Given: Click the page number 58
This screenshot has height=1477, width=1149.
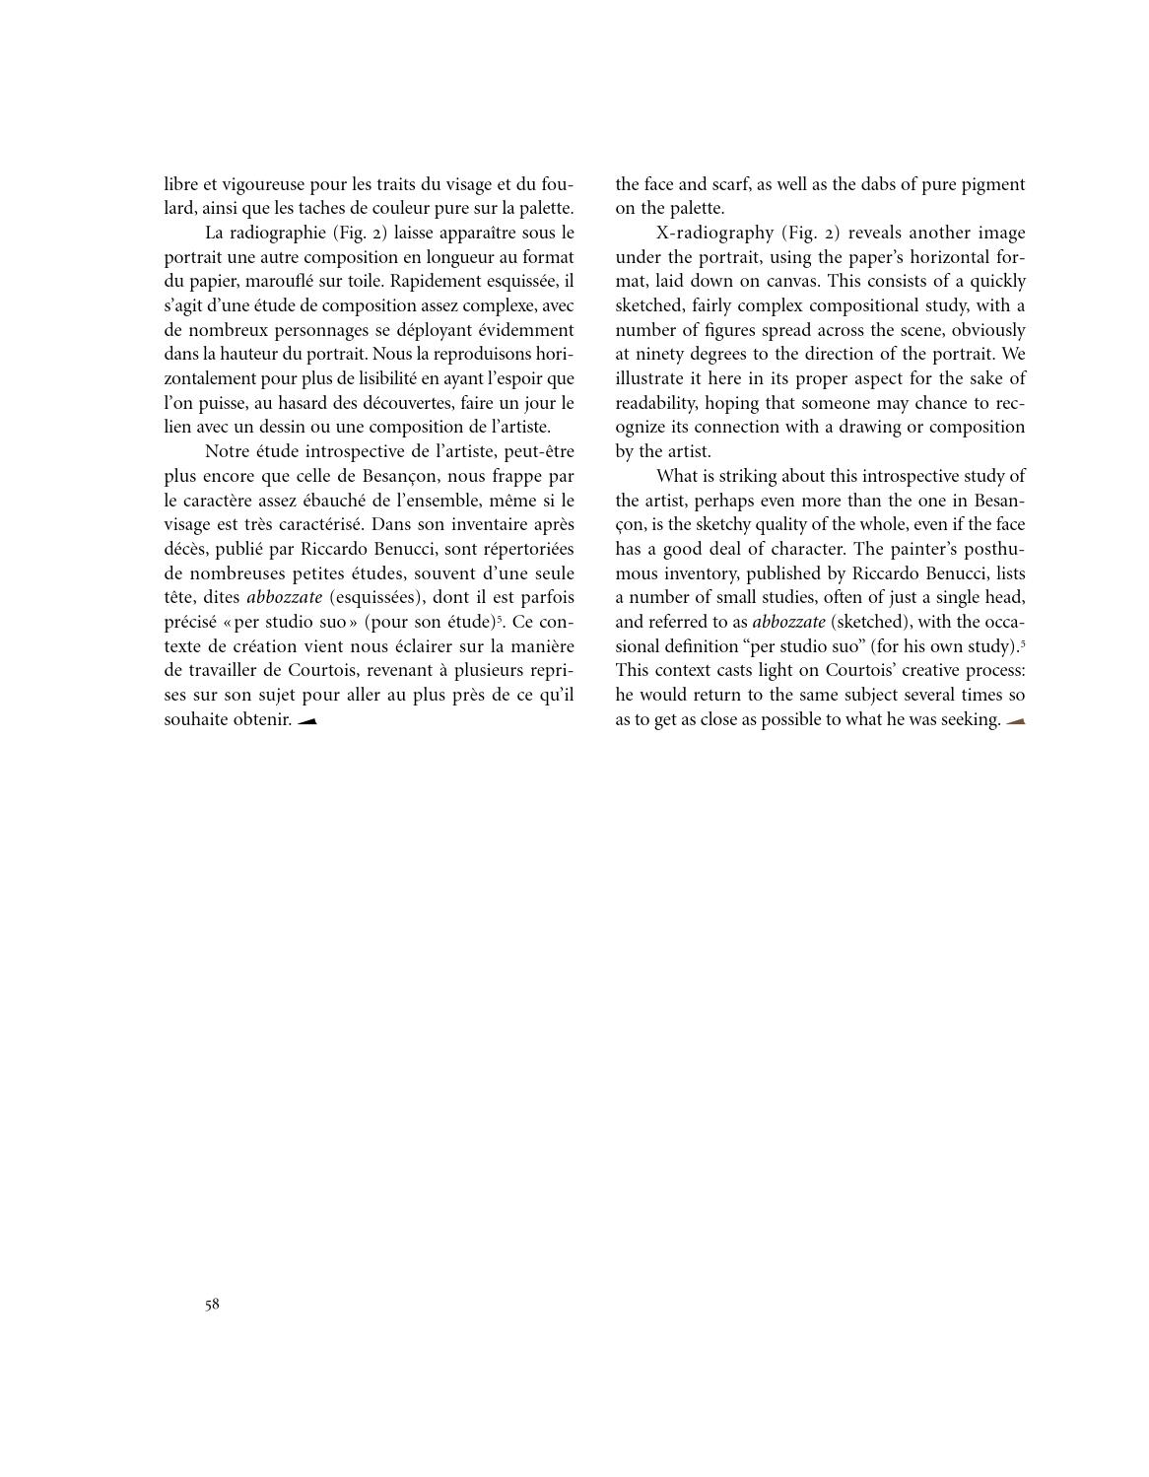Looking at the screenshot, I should [x=212, y=1305].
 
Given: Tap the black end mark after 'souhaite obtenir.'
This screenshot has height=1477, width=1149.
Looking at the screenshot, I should [x=307, y=721].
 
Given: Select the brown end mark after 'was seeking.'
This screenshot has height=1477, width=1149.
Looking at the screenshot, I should [x=1015, y=721].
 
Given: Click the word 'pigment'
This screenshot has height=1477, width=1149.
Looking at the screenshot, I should [x=993, y=184].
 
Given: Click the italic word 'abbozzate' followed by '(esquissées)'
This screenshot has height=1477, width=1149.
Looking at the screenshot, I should [x=284, y=597].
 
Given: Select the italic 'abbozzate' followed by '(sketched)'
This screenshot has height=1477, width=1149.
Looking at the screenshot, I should [x=789, y=622].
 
